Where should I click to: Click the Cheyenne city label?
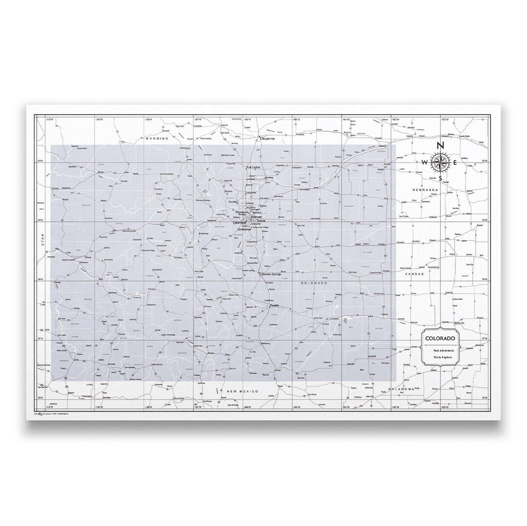pyautogui.click(x=267, y=138)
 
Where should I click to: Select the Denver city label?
pyautogui.click(x=257, y=217)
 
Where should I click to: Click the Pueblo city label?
pyautogui.click(x=274, y=306)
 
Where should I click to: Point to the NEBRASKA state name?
pyautogui.click(x=426, y=189)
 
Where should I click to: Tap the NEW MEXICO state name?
pyautogui.click(x=242, y=391)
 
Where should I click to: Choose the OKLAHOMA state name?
pyautogui.click(x=401, y=389)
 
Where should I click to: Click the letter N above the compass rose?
pyautogui.click(x=440, y=145)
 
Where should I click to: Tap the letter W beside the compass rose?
pyautogui.click(x=425, y=163)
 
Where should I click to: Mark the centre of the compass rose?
pyautogui.click(x=440, y=163)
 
